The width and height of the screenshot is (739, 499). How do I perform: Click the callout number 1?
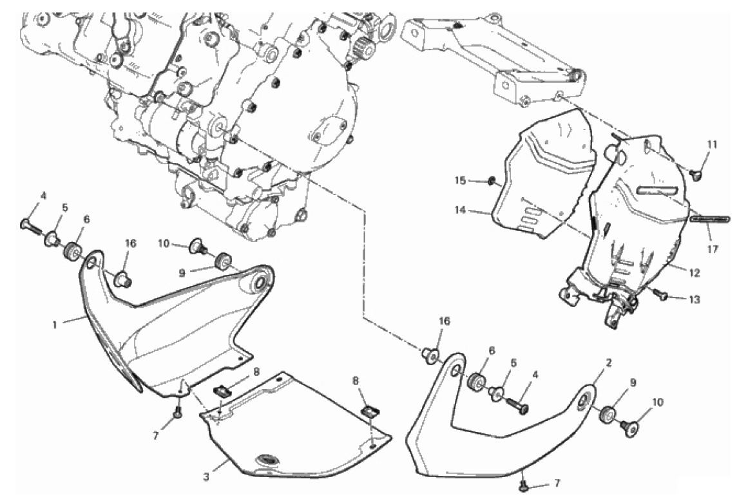[55, 325]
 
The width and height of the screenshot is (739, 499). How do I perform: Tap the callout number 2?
[609, 363]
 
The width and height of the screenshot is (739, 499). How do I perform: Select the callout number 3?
[206, 477]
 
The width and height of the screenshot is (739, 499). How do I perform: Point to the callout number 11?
[712, 145]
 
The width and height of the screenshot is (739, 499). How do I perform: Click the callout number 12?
[695, 272]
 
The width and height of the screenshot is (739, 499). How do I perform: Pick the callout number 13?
[695, 299]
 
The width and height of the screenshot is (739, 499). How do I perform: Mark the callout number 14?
[460, 210]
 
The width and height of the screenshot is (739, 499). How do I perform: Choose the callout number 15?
[460, 180]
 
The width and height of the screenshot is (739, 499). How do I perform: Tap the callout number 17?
[712, 249]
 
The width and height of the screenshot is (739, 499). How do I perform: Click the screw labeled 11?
[695, 174]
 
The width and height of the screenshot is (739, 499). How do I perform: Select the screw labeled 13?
[661, 296]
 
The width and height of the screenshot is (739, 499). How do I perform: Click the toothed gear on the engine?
[363, 46]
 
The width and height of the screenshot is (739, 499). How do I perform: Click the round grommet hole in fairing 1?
[260, 283]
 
